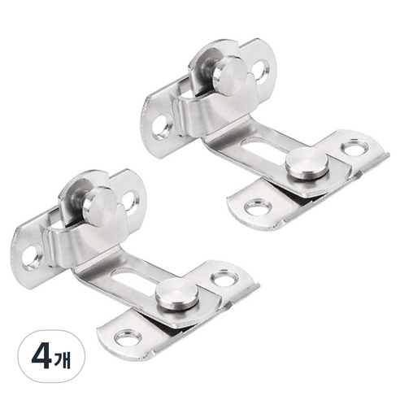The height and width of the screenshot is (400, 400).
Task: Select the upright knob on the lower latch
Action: point(98,205)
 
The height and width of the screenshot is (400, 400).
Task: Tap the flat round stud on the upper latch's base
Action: point(307,164)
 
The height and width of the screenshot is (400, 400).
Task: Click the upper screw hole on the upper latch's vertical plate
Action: point(261,71)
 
